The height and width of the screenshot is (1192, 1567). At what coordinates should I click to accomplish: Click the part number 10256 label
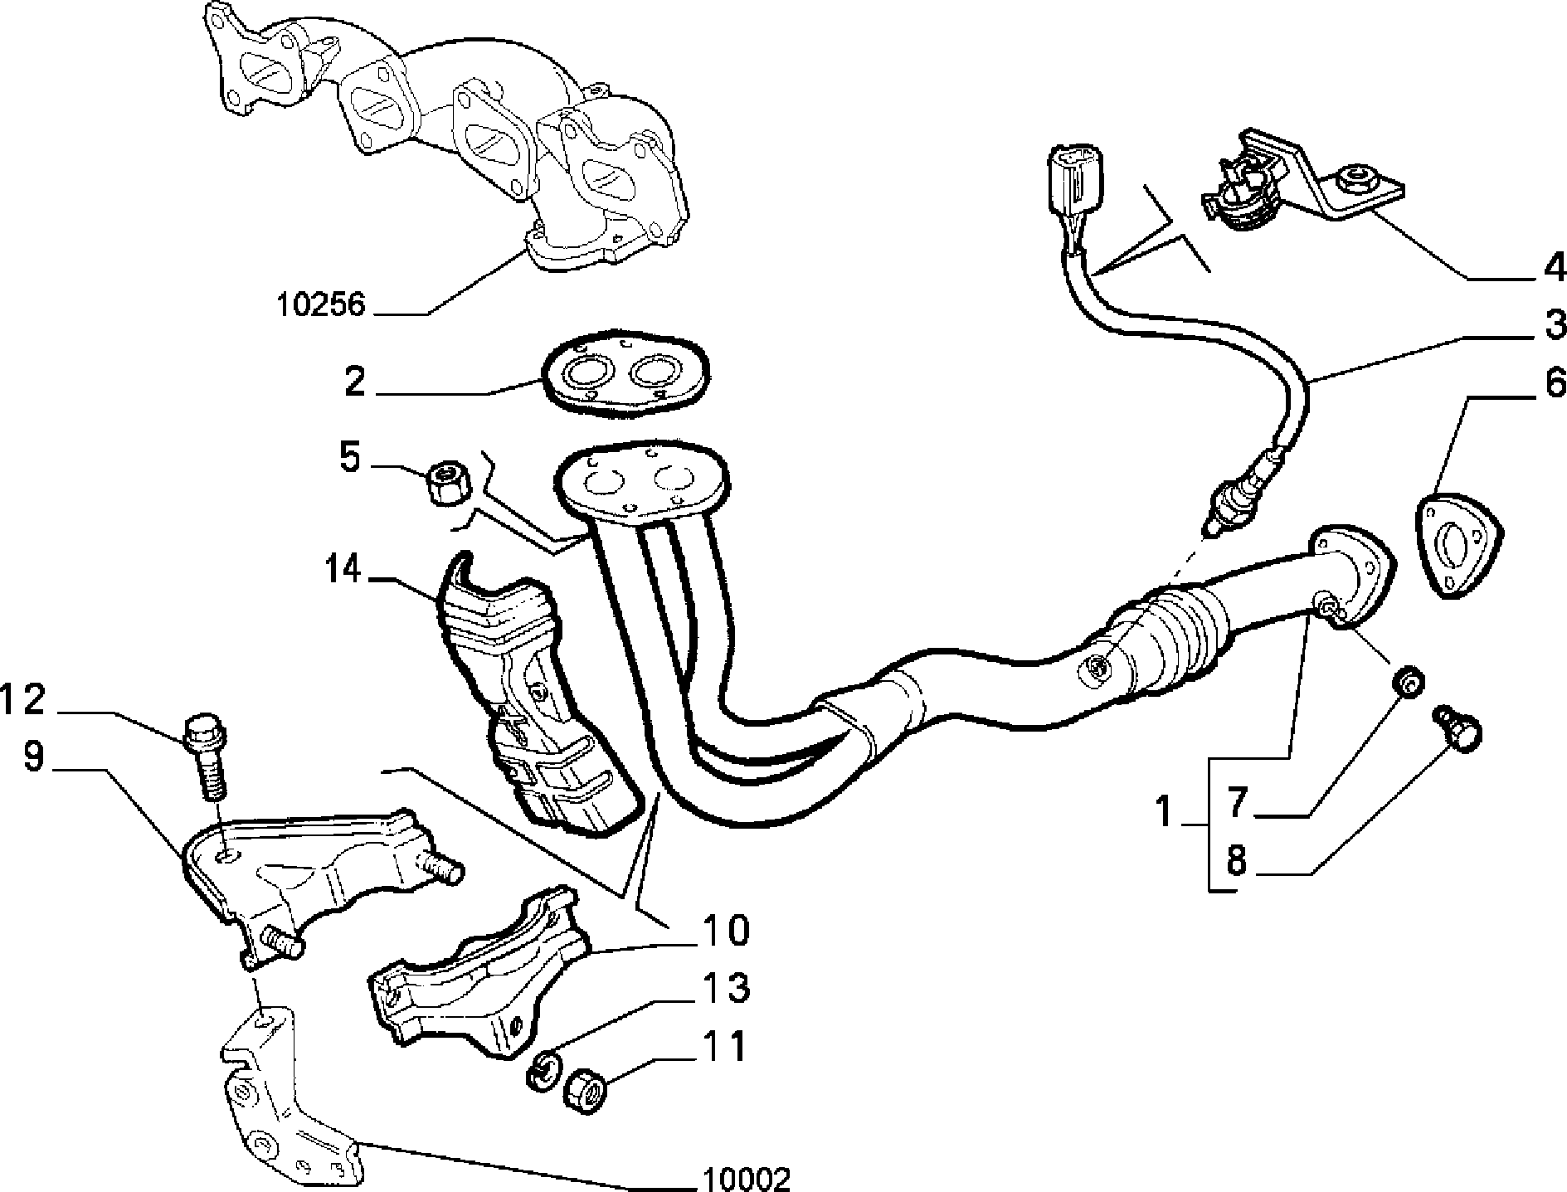click(x=320, y=304)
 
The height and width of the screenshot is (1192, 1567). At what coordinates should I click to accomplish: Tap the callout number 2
click(x=354, y=383)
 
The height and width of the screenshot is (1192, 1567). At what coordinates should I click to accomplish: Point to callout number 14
click(x=343, y=570)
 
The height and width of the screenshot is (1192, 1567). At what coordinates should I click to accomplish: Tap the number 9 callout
click(x=33, y=757)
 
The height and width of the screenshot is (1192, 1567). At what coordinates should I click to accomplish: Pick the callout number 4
click(x=1550, y=268)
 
